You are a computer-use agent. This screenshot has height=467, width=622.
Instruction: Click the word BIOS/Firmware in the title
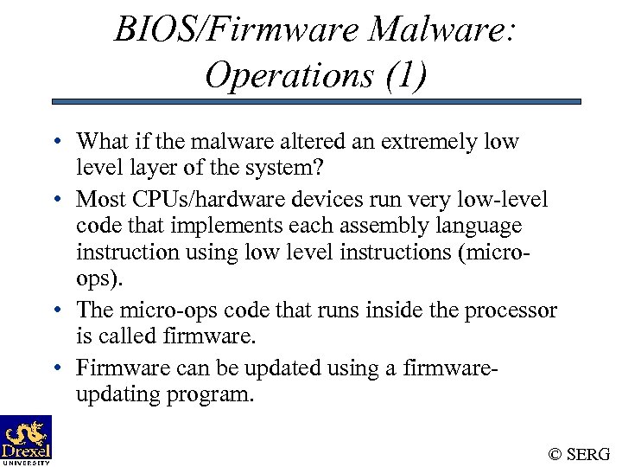point(236,32)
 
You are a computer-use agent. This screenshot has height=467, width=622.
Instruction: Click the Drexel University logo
point(26,440)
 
